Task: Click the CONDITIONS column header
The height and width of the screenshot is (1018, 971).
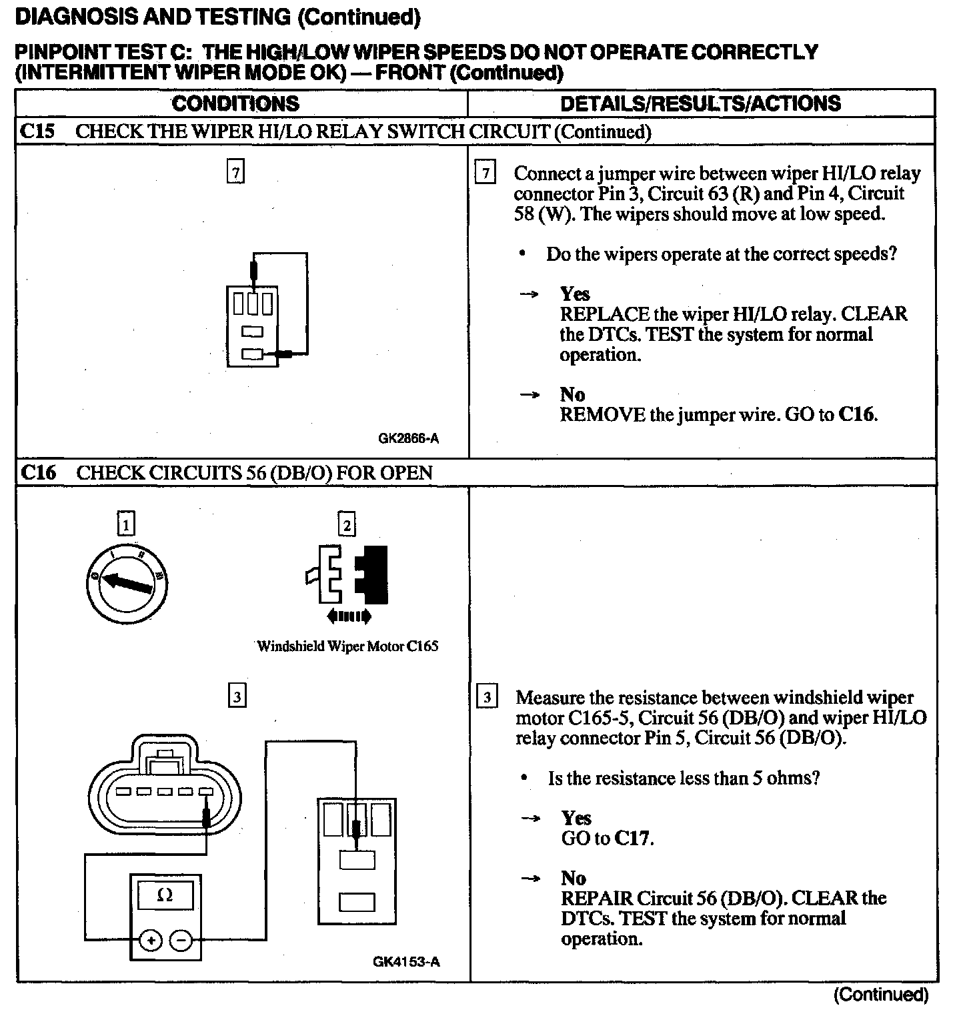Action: point(235,103)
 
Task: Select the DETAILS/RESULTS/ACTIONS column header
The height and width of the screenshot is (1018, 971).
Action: point(700,103)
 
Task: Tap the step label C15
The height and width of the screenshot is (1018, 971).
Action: point(37,131)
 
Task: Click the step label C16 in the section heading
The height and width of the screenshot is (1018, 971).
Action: point(38,472)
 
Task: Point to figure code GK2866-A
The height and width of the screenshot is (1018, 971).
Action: point(408,438)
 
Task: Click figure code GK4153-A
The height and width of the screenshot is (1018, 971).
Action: point(406,961)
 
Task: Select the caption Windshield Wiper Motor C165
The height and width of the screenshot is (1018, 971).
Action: point(347,646)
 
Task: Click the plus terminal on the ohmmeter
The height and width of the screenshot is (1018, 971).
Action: point(151,941)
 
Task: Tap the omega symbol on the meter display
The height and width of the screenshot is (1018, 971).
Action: point(165,896)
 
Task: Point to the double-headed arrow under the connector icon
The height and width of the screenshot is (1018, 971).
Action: point(349,617)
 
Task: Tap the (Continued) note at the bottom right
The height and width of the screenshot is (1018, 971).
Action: point(880,995)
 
